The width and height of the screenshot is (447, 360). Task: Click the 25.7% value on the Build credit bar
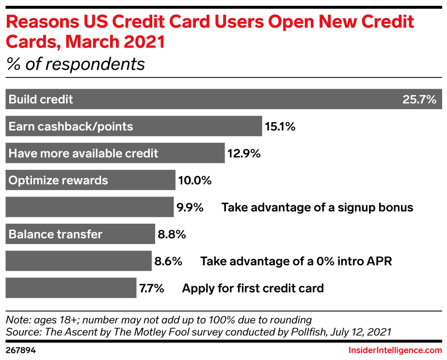point(419,99)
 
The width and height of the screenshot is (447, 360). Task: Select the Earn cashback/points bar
point(134,126)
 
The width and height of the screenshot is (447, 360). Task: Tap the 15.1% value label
point(280,126)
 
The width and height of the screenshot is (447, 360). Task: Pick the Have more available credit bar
point(115,153)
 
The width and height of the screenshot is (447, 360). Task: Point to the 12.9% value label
point(244,153)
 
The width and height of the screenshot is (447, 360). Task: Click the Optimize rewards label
point(58,180)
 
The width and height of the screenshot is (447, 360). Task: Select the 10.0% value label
point(195,180)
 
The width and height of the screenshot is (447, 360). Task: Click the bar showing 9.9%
point(90,207)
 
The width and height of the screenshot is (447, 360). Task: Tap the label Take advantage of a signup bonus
point(317,207)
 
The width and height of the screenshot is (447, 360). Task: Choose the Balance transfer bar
point(80,234)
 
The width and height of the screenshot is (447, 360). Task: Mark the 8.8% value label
point(172,234)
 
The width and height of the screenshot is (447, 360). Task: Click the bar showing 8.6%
point(79,261)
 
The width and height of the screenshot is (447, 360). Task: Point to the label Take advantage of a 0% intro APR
point(296,262)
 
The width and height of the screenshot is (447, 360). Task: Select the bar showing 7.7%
point(71,288)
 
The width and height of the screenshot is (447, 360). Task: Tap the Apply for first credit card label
point(253,288)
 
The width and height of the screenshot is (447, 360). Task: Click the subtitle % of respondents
point(76,64)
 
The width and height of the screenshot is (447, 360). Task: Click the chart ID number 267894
point(20,350)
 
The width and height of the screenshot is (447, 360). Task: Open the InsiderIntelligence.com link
point(395,350)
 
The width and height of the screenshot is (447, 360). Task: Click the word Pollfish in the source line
point(308,332)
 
